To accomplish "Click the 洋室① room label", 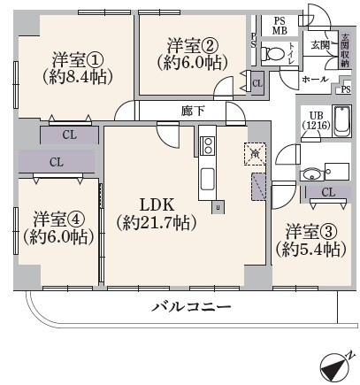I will [78, 59].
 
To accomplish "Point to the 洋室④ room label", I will [59, 219].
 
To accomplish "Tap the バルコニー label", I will [191, 306].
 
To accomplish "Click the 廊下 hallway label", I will [193, 111].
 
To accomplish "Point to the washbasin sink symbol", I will [311, 173].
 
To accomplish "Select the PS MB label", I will [280, 25].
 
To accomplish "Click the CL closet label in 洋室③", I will [327, 192].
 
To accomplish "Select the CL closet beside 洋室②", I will [257, 83].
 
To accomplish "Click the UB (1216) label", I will [315, 120].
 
